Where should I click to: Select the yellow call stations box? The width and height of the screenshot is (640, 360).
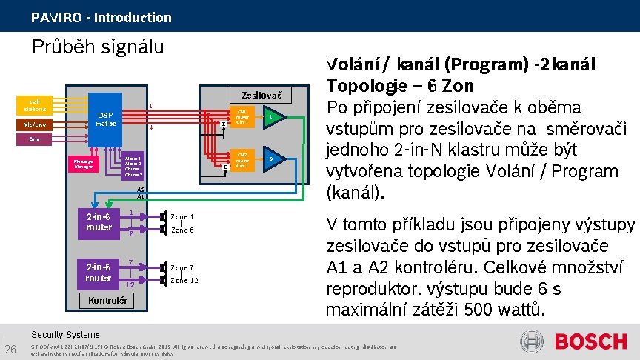pos(34,105)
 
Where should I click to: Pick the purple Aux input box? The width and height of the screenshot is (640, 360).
pos(35,139)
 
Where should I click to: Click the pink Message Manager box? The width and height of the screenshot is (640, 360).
pos(82,164)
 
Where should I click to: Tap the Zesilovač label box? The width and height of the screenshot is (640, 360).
pos(261,95)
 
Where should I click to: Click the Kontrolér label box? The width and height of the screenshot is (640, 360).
pos(107,300)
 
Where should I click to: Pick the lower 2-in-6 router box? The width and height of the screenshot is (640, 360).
pos(99,273)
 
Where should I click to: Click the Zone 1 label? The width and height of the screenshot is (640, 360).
pos(182,216)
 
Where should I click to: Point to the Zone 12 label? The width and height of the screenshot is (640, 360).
pos(184,280)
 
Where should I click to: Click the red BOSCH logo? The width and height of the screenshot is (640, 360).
pos(590,341)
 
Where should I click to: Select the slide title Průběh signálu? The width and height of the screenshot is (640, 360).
pos(97,47)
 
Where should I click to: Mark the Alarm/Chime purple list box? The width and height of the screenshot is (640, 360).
pos(133,166)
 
